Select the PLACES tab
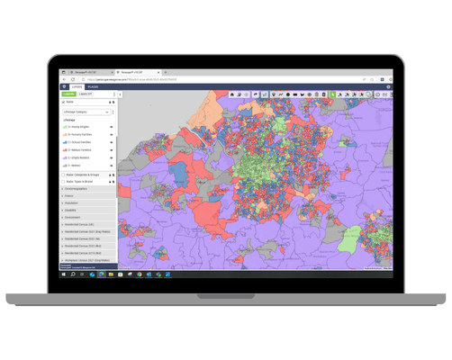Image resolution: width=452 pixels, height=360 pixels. tap(93, 86)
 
